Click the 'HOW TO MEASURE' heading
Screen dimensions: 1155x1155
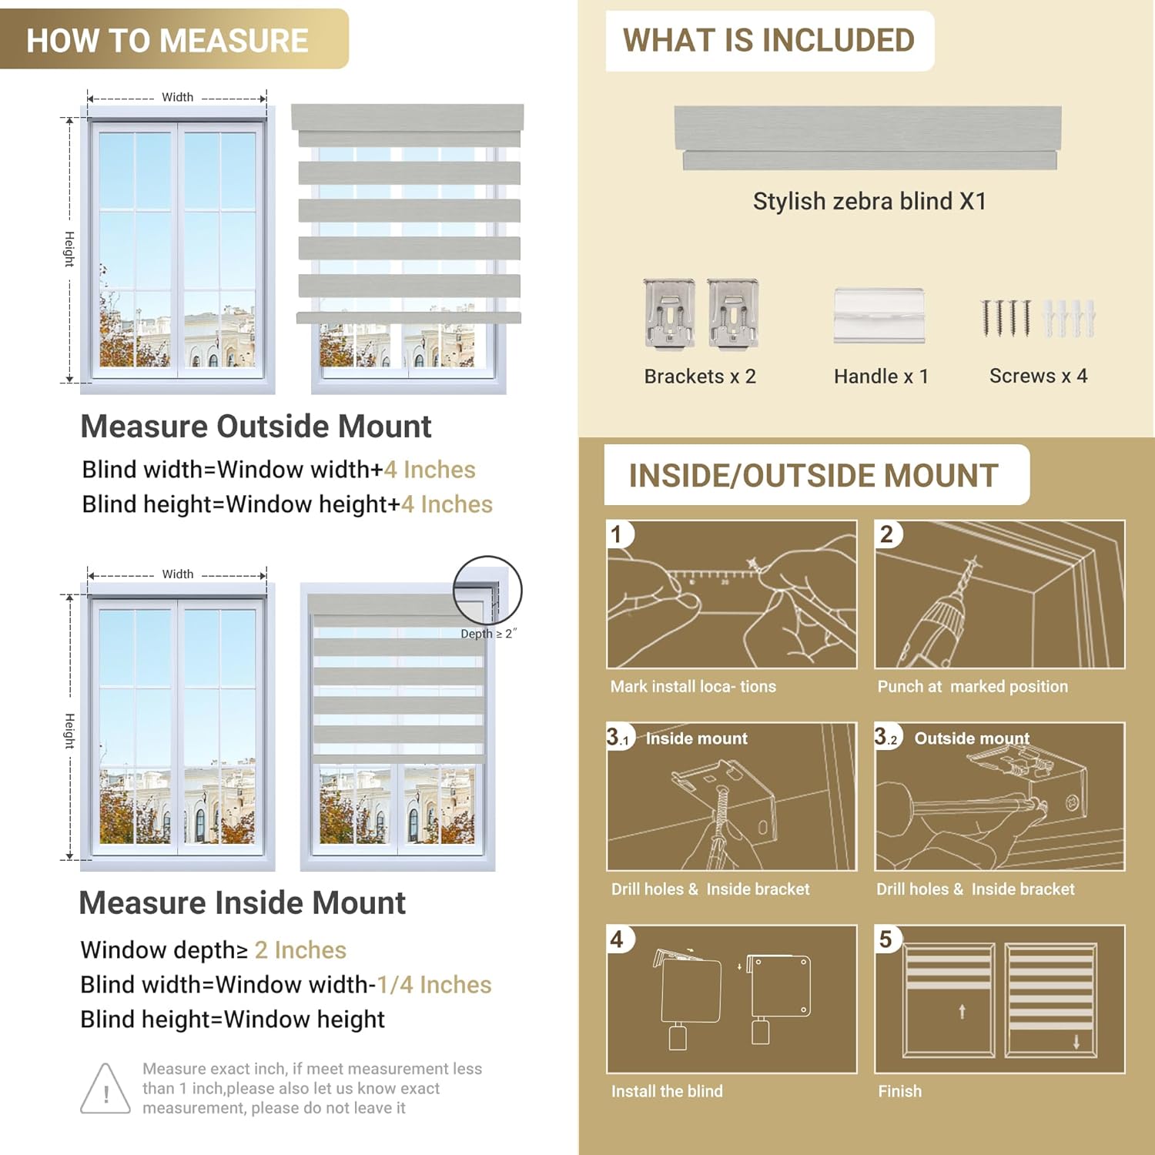coord(167,40)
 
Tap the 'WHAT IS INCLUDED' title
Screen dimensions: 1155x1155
coord(768,40)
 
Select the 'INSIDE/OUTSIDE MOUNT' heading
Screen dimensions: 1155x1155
coord(813,475)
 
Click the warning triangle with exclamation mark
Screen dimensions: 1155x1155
coord(105,1089)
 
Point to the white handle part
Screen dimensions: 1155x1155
coord(879,315)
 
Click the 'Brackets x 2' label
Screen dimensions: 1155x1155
coord(700,377)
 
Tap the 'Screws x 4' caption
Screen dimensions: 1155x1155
coord(1038,376)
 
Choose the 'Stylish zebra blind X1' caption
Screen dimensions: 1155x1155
coord(869,201)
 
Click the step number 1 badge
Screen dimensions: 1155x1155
coord(617,534)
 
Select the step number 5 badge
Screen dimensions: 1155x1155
coord(885,939)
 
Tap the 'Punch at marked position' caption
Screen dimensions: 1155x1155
coord(973,686)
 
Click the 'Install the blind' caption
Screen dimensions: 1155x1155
coord(667,1091)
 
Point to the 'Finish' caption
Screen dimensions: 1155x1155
coord(899,1091)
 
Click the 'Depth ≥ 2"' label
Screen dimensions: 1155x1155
coord(488,634)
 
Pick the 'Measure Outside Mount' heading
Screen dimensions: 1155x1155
coord(256,427)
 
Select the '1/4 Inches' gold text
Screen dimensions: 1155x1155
coord(434,985)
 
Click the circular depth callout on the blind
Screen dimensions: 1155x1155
coord(487,591)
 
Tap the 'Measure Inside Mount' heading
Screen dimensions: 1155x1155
coord(242,903)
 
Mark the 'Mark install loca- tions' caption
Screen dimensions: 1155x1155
coord(693,686)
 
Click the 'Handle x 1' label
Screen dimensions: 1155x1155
coord(881,377)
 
